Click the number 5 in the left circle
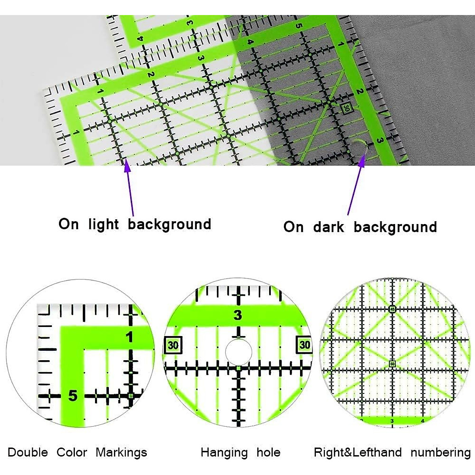pyautogui.click(x=72, y=395)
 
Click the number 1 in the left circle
pyautogui.click(x=129, y=337)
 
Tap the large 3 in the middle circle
pyautogui.click(x=237, y=315)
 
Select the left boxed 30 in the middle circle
pyautogui.click(x=173, y=345)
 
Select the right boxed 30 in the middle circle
pyautogui.click(x=304, y=345)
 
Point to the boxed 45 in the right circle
pyautogui.click(x=392, y=309)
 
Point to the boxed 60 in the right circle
pyautogui.click(x=392, y=364)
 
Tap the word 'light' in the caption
pyautogui.click(x=103, y=224)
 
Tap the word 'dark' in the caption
pyautogui.click(x=329, y=227)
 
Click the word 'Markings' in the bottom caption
pyautogui.click(x=121, y=452)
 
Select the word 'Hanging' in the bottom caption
pyautogui.click(x=224, y=452)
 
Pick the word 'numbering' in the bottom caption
pyautogui.click(x=440, y=452)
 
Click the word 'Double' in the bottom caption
pyautogui.click(x=28, y=452)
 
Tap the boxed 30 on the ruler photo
pyautogui.click(x=346, y=108)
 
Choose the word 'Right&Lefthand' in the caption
pyautogui.click(x=357, y=452)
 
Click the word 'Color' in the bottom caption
pyautogui.click(x=72, y=452)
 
